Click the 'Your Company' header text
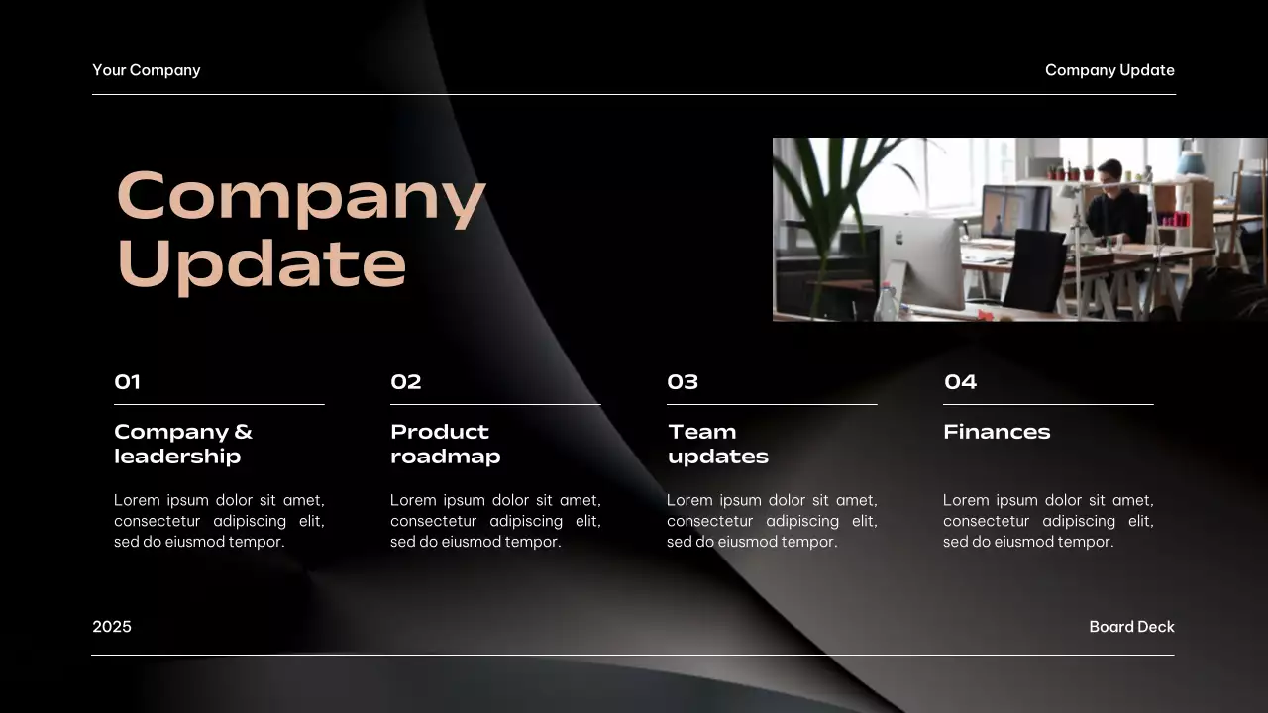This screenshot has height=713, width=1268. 147,70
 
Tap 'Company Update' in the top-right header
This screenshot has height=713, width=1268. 1109,70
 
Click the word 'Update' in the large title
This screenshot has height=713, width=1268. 262,263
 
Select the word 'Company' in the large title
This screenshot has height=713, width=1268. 301,196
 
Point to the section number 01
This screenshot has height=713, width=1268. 128,382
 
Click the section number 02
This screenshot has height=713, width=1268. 406,382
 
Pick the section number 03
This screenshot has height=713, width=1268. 683,382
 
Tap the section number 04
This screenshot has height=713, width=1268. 960,382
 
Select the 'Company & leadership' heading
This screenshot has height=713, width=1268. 183,444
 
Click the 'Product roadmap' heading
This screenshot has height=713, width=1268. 445,444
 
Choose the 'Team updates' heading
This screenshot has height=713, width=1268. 717,444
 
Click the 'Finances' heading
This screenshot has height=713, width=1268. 997,432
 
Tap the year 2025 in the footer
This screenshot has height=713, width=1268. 112,627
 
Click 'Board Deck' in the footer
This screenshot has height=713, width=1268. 1131,627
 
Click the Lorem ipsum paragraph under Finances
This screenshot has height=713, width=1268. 1048,521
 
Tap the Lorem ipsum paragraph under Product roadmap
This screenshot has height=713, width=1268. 495,521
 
